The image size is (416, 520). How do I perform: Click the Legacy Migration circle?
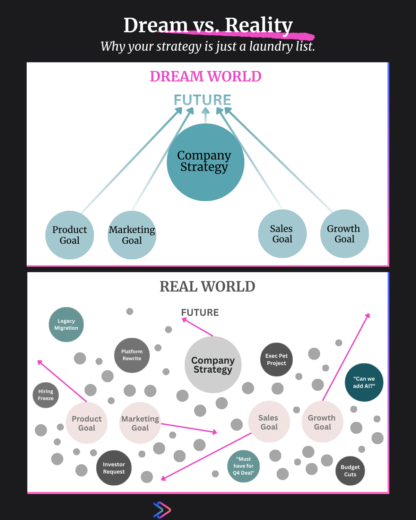pos(66,324)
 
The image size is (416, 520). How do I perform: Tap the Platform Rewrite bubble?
pos(132,355)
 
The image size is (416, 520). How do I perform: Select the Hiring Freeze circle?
pos(46,395)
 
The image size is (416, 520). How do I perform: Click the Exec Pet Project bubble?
pos(276,359)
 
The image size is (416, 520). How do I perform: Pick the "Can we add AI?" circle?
pos(364,382)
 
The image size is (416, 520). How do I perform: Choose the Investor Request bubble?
pos(114,468)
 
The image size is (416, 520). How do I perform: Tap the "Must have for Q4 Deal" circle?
pos(243,466)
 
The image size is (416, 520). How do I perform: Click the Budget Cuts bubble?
pos(350,471)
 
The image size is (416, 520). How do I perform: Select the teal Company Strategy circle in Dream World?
pos(205,162)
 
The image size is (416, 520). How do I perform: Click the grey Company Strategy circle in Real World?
pos(213,365)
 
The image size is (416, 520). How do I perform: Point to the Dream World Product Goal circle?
pos(70,235)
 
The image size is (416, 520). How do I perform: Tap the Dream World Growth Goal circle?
pos(344,234)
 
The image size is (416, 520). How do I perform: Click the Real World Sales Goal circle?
pos(269,422)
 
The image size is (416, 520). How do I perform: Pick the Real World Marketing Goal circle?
pos(140,423)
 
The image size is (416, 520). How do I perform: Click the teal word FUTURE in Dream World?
pos(202,100)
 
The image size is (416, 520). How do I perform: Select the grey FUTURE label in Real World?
pos(200,313)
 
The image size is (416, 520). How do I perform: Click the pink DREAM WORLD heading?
pos(206,77)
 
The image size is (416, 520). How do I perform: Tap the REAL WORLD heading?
pos(207,287)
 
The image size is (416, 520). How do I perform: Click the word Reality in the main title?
pos(259,25)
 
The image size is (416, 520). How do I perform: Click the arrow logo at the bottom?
pos(162,510)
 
